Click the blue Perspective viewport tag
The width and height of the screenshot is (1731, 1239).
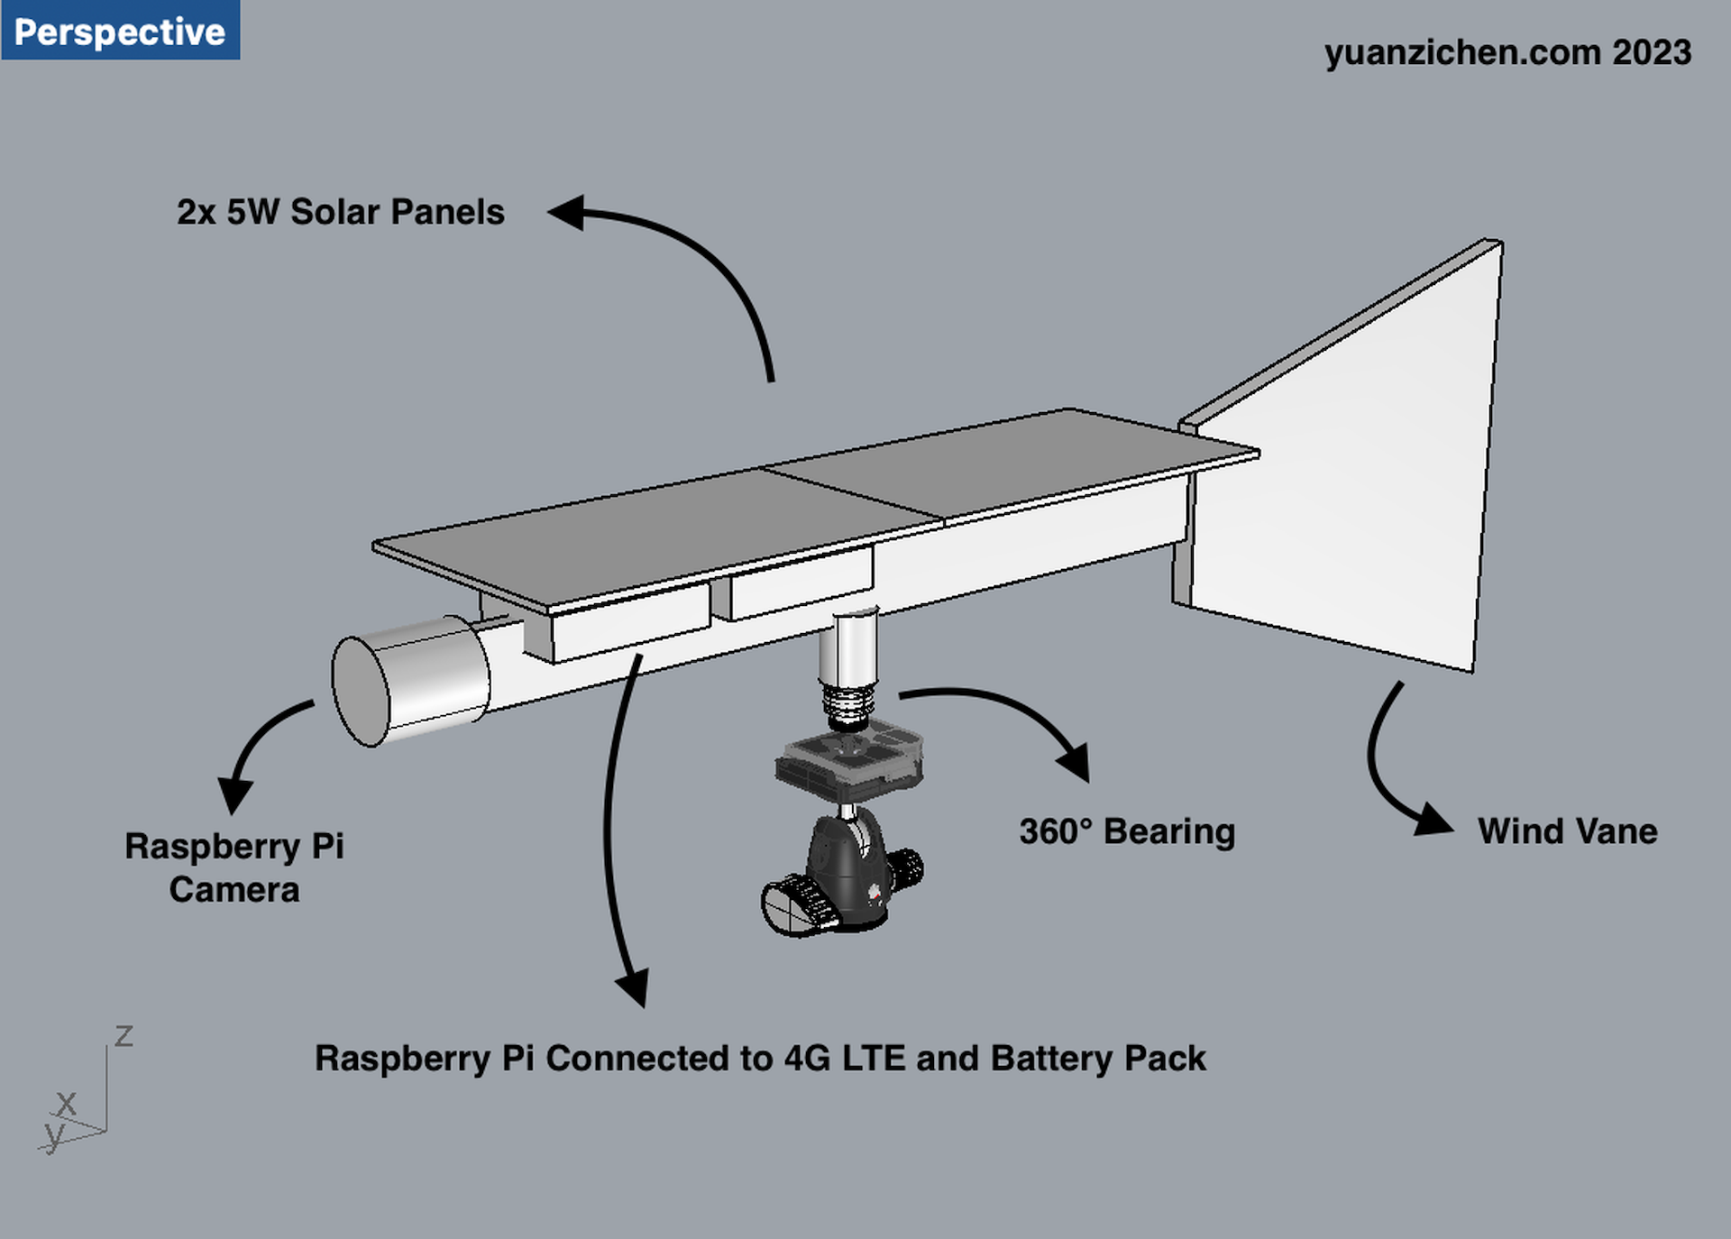click(120, 31)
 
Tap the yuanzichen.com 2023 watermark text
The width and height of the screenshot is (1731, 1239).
click(1507, 52)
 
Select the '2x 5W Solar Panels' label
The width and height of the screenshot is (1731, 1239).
click(341, 212)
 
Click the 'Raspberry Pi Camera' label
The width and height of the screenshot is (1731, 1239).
click(234, 867)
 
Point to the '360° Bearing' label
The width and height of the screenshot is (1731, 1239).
click(1127, 831)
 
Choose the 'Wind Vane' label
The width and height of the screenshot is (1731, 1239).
click(1568, 831)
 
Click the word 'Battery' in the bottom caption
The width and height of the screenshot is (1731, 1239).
click(1051, 1059)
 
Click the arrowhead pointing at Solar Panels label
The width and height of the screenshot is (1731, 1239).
click(567, 213)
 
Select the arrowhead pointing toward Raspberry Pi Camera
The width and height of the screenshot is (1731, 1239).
click(235, 794)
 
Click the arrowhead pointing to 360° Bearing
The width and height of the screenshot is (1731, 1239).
click(1076, 762)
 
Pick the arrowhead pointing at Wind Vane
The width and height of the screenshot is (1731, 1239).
click(1433, 820)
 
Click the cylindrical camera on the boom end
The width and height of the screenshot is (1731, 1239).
click(410, 681)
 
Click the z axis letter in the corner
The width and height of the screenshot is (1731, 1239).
click(124, 1035)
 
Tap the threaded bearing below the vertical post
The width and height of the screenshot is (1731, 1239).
click(847, 706)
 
